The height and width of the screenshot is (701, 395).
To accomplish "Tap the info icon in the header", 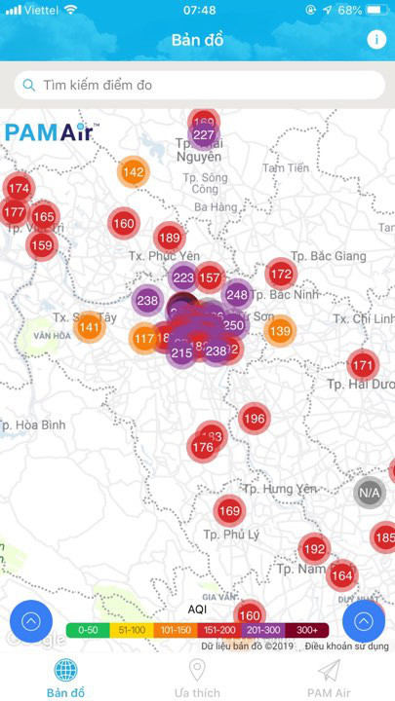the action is click(x=376, y=40).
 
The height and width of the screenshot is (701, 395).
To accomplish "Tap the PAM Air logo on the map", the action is click(x=50, y=132).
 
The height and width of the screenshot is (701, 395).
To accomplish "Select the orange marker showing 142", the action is click(x=134, y=172).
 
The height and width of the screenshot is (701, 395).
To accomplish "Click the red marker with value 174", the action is click(x=19, y=188).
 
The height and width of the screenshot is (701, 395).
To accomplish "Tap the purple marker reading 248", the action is click(x=237, y=294).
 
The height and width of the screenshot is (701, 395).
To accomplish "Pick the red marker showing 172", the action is click(x=280, y=274).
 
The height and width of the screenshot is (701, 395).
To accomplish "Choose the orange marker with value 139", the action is click(x=280, y=332).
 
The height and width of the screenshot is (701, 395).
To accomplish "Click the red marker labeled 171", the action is click(x=363, y=366).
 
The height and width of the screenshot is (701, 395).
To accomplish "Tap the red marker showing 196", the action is click(x=254, y=419).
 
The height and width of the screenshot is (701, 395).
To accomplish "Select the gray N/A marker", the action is click(x=370, y=493).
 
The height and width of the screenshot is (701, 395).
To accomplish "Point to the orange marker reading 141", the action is click(x=89, y=327).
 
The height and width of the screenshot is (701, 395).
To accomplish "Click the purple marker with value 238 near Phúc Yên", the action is click(x=147, y=301).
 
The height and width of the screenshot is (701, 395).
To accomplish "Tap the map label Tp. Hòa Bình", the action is click(x=33, y=425).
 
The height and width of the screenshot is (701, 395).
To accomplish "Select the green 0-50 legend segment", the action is click(x=88, y=629).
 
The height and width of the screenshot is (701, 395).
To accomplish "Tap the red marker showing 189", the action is click(x=170, y=238).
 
